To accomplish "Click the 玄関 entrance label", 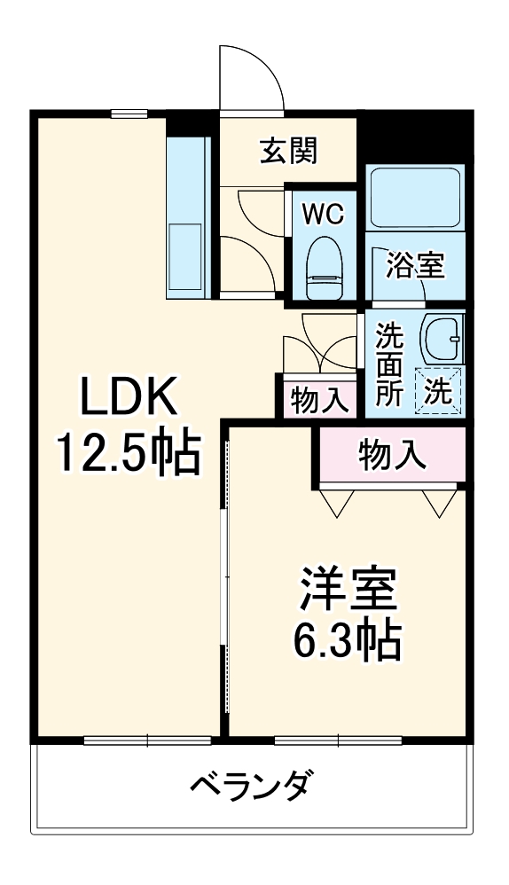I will point(288,153).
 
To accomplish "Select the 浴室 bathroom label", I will point(415,265).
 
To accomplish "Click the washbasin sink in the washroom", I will point(442,337).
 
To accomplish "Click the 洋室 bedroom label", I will point(347,587).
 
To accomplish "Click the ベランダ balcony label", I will point(251,784).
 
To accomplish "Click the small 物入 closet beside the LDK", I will point(319,400).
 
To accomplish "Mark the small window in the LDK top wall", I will point(129,113).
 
